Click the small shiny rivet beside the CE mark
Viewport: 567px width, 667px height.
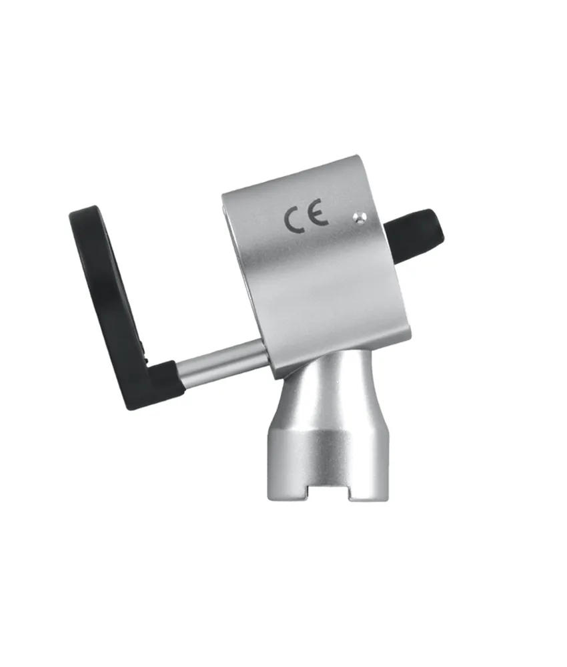pos(358,218)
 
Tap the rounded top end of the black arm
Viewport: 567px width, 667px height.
pos(83,213)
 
